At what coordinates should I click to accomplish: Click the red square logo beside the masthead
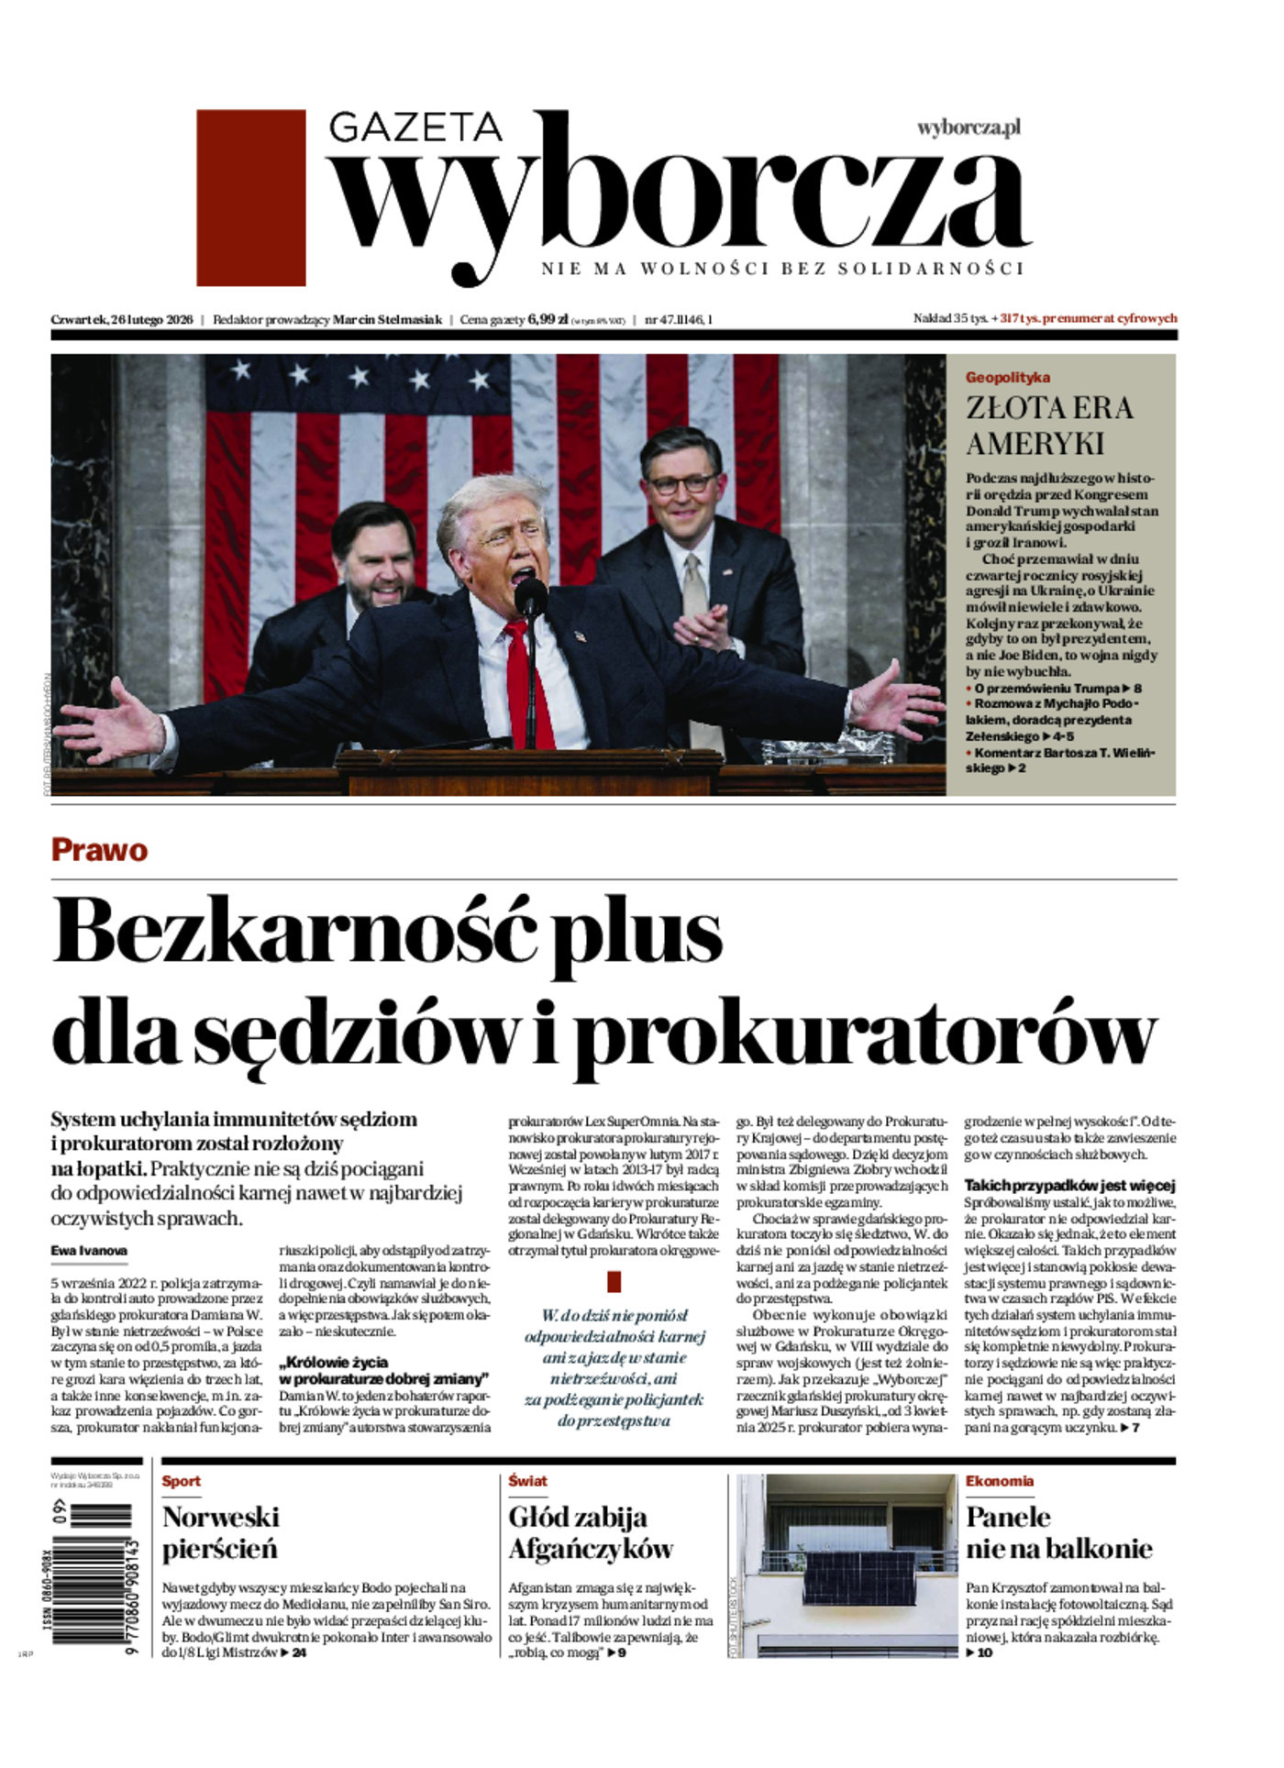tap(250, 197)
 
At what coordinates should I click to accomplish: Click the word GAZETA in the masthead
tap(415, 128)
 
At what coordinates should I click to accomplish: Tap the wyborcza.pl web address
tap(969, 128)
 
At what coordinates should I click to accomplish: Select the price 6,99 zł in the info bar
tap(548, 320)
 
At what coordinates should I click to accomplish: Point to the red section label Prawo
tap(99, 850)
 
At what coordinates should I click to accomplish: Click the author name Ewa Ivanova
tap(90, 1250)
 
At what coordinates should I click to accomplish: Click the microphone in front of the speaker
tap(530, 595)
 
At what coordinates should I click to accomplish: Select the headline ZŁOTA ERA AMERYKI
tap(1048, 425)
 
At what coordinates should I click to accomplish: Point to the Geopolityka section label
tap(1007, 377)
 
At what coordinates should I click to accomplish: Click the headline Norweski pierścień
tap(220, 1532)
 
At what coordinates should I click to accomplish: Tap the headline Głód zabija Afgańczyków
tap(590, 1532)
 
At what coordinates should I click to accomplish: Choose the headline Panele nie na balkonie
tap(1057, 1532)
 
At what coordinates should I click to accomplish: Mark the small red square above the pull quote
tap(614, 1281)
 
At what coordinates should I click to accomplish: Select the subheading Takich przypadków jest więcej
tap(1068, 1186)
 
